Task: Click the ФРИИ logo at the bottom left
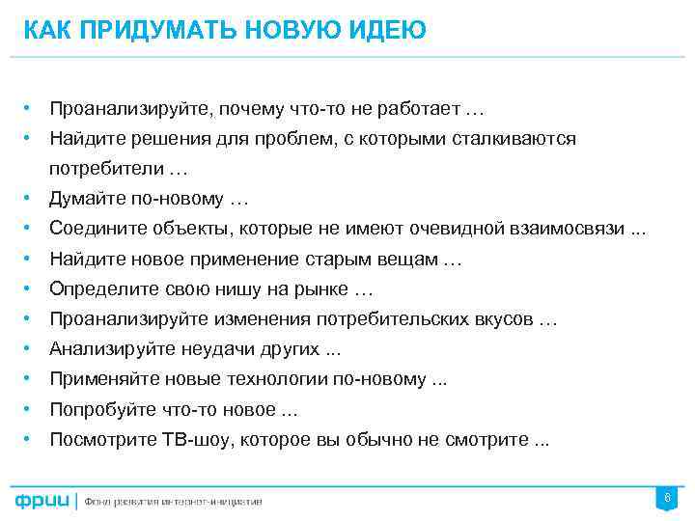(x=42, y=500)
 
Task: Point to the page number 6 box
(x=665, y=498)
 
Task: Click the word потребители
(x=106, y=169)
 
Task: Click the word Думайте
(x=85, y=199)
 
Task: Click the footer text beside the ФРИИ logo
(x=173, y=501)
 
